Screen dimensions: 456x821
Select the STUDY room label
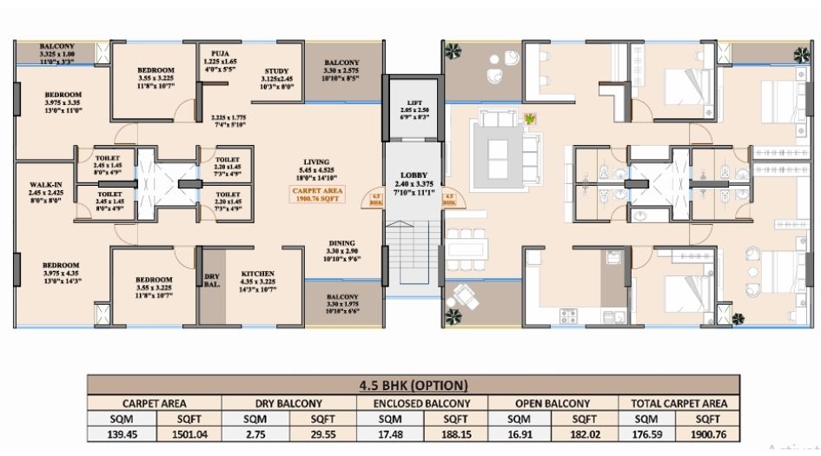click(282, 72)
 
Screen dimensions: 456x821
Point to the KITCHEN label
click(258, 274)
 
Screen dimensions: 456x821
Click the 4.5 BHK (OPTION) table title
click(414, 386)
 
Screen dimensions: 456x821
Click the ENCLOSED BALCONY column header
click(421, 404)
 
